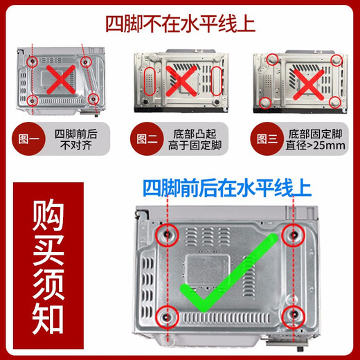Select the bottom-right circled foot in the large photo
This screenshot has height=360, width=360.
tap(294, 316)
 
